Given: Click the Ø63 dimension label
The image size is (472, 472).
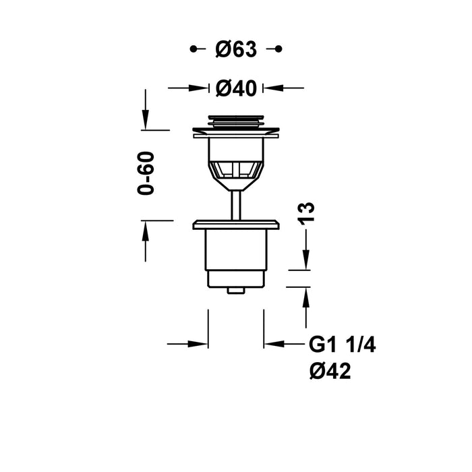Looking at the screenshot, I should click(235, 49).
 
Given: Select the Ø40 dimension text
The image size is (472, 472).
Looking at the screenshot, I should click(235, 87).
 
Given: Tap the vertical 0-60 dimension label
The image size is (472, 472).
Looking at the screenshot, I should click(146, 173).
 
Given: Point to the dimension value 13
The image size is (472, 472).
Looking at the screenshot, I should click(307, 212).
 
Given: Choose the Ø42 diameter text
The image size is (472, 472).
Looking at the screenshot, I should click(330, 370).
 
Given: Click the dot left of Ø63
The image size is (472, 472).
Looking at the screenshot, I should click(194, 49).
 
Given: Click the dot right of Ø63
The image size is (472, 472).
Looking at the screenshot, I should click(278, 49).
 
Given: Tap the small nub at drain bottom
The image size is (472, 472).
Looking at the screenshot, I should click(235, 291).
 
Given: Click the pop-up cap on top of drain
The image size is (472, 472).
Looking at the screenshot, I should click(235, 121).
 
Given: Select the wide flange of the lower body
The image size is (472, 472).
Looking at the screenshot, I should click(235, 225).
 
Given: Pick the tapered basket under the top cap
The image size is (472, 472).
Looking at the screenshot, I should click(235, 169).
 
